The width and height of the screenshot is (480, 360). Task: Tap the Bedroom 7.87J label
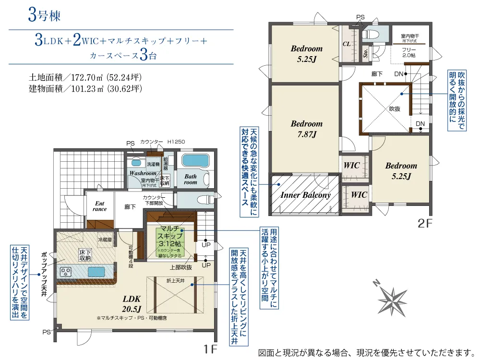[306, 129]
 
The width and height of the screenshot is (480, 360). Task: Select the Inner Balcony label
[305, 195]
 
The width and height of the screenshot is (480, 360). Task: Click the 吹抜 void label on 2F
[395, 109]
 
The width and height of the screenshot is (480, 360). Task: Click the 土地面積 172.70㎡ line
[85, 77]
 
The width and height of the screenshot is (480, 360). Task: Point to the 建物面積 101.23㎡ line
[85, 88]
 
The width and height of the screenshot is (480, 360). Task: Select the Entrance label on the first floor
[100, 206]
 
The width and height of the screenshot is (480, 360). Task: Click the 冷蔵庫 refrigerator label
[104, 239]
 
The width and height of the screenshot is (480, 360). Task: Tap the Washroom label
[143, 173]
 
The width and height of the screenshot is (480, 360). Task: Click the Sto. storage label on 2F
[366, 53]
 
